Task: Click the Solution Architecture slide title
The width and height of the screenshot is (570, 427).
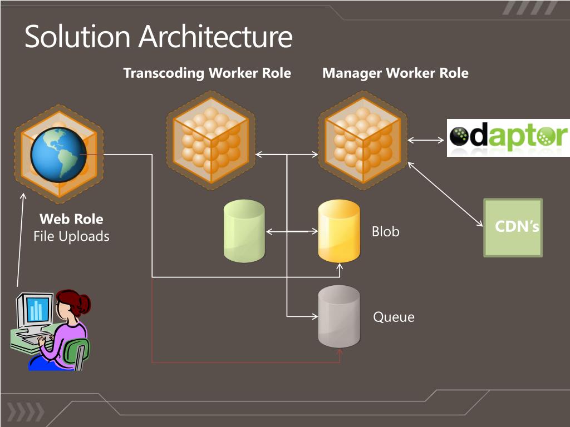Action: point(159,36)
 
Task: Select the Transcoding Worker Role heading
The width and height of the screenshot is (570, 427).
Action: point(207,73)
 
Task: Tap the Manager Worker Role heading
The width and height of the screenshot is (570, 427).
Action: point(396,73)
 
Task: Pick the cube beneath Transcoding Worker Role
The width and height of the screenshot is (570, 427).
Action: point(211,140)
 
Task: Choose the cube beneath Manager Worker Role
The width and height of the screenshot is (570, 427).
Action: point(363,140)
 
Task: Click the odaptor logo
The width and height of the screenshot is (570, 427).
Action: point(508,138)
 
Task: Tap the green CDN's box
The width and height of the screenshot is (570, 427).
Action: point(513,227)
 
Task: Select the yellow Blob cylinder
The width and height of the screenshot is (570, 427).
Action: point(339,231)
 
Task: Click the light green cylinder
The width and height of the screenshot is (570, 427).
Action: point(244,231)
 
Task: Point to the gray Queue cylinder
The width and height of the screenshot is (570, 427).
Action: point(339,316)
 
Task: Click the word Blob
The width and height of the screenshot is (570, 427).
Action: point(385,231)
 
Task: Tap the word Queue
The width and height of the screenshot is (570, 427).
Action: point(394,317)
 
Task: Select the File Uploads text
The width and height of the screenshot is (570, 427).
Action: point(71,236)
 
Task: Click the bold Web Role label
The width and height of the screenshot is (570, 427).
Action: point(71,219)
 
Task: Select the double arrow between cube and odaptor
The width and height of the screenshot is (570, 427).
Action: point(426,140)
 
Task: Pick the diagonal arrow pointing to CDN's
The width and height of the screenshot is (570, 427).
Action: point(445,194)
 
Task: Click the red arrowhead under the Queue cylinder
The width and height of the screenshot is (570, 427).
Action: point(340,352)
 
